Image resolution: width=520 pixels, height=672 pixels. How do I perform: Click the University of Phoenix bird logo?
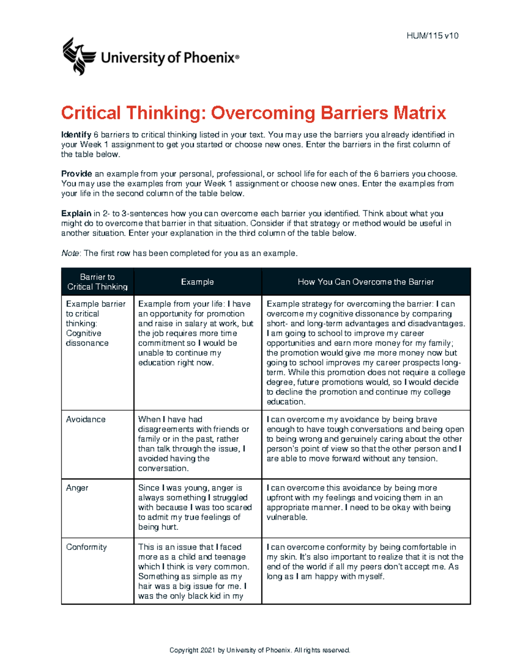point(79,56)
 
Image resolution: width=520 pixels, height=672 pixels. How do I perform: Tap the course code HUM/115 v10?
point(432,36)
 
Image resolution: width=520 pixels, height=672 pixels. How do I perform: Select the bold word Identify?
point(76,135)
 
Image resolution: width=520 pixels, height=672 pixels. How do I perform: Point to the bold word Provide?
point(76,174)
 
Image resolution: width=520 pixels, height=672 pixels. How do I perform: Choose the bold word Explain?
point(76,213)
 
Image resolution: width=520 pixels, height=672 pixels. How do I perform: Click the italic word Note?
point(70,254)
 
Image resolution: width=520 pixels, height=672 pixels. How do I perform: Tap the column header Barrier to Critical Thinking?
point(97,282)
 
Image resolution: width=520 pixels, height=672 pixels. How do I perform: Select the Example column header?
point(197,282)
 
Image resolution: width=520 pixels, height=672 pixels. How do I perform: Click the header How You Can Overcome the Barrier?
point(365,282)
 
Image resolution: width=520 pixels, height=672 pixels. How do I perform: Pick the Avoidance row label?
point(85,419)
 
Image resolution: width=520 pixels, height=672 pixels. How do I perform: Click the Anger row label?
point(77,488)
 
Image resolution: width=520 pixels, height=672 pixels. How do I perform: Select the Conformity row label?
point(86,547)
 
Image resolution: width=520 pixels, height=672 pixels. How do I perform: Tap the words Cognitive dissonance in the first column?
point(87,338)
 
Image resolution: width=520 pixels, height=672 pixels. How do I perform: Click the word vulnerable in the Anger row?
point(286,518)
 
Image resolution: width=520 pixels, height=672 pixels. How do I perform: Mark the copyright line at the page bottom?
point(260,650)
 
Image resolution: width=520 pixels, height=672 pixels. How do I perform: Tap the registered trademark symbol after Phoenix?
point(237,57)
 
